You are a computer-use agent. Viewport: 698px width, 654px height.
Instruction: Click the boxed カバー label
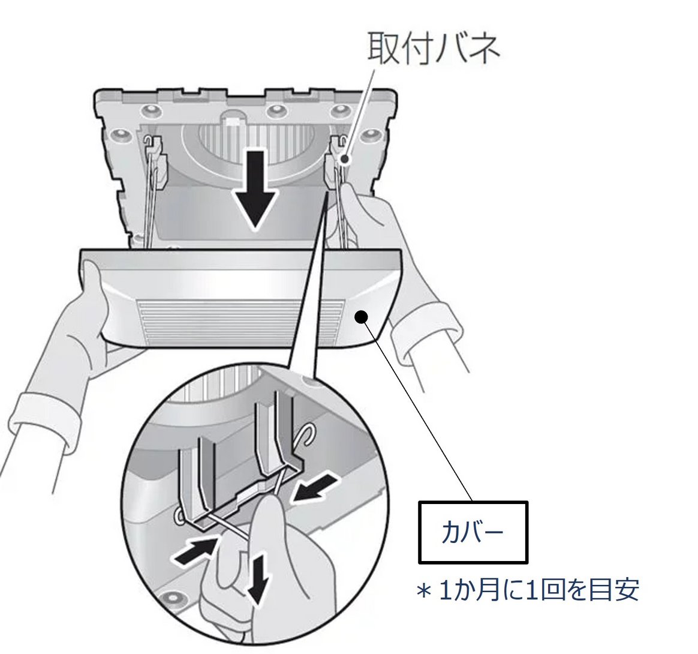coord(473,532)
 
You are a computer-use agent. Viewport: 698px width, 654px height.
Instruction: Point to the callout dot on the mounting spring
coord(345,160)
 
